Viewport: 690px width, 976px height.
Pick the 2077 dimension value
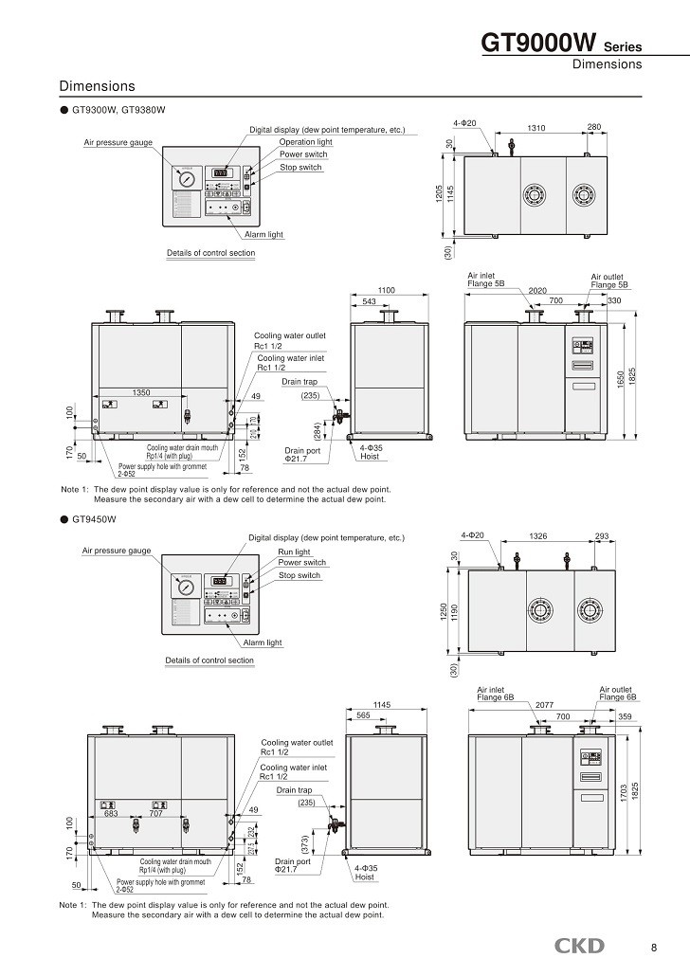click(x=544, y=706)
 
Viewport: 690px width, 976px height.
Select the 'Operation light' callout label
click(x=305, y=141)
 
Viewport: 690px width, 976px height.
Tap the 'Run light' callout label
click(x=294, y=551)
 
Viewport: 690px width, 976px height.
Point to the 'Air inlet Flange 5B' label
click(x=485, y=280)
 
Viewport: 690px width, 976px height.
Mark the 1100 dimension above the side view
click(x=386, y=290)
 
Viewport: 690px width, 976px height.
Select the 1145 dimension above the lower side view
click(x=382, y=705)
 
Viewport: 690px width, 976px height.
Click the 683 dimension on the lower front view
click(x=110, y=813)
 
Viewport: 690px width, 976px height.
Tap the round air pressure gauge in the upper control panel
click(x=183, y=177)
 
